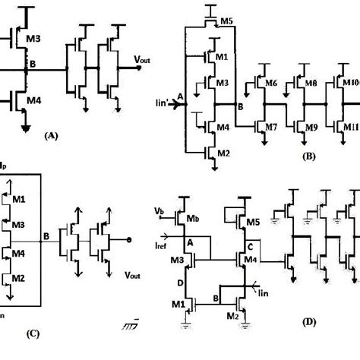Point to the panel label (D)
[310, 322]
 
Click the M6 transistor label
[269, 82]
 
